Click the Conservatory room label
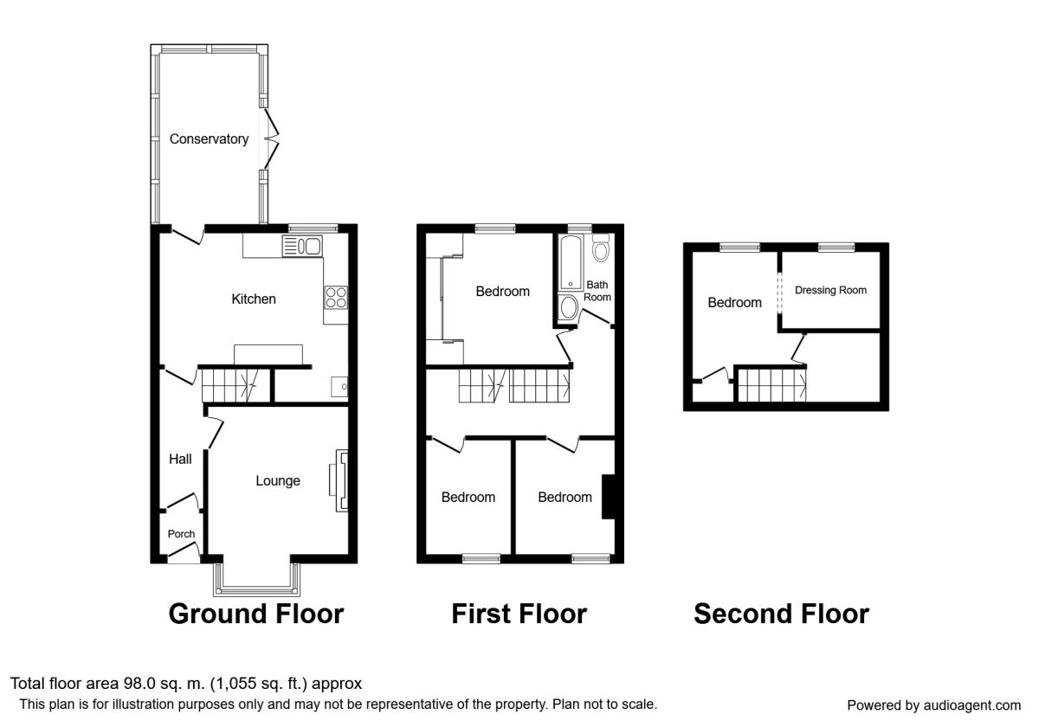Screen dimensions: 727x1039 209,138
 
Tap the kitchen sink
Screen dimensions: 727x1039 301,247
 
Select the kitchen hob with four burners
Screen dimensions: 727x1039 336,298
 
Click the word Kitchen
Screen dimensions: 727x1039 253,299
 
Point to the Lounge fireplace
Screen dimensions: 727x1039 338,480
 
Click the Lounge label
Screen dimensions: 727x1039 277,480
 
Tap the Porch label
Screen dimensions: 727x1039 181,534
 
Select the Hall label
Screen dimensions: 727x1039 180,460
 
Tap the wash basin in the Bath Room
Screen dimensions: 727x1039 569,308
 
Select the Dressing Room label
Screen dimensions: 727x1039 830,291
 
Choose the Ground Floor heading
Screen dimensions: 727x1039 255,614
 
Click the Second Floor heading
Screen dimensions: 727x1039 781,614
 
